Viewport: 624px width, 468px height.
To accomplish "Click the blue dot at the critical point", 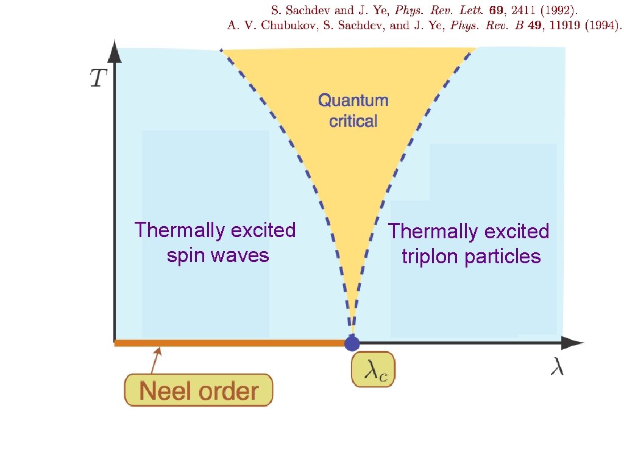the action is click(352, 343).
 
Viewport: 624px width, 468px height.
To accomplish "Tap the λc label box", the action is click(374, 370).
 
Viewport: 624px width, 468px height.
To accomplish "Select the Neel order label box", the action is click(199, 390).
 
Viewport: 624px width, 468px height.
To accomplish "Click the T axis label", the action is click(99, 78).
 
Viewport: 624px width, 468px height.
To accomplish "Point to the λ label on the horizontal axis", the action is click(557, 367).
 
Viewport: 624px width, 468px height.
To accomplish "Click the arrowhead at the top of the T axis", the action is click(115, 52).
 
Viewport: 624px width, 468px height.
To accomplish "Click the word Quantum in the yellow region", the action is click(353, 100).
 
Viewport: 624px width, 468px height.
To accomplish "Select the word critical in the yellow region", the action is click(353, 121).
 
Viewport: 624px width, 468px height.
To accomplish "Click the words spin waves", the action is click(218, 255).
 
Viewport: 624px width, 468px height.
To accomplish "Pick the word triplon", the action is click(430, 257).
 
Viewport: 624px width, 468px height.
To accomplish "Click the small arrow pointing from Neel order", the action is click(155, 360).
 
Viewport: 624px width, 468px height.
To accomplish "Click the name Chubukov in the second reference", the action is click(278, 26).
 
